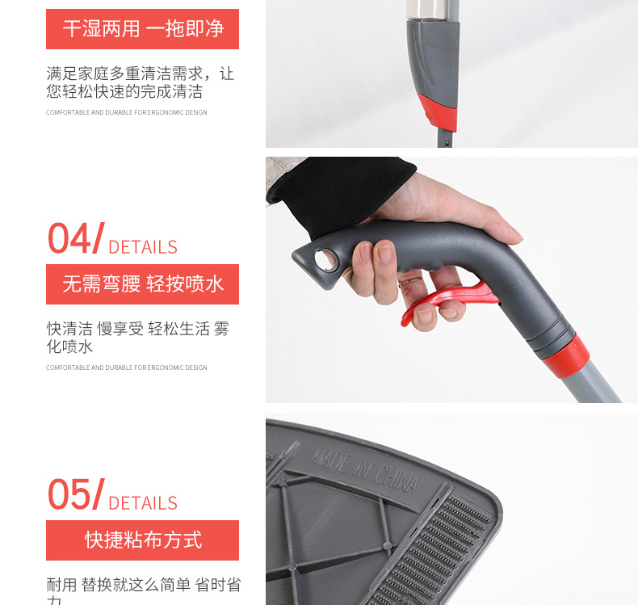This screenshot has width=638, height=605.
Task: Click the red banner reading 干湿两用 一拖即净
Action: click(142, 29)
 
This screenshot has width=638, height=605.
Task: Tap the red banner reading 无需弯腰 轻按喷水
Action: click(142, 284)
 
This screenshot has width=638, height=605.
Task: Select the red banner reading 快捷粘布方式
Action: click(142, 540)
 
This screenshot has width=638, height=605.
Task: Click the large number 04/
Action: click(75, 238)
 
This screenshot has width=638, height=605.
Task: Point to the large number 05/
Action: click(75, 494)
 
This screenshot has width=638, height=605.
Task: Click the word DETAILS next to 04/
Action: click(142, 247)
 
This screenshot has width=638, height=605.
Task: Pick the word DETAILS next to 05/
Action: click(142, 503)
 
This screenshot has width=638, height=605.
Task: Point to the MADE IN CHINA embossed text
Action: click(364, 468)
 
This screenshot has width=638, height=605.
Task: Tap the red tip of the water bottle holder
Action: click(437, 112)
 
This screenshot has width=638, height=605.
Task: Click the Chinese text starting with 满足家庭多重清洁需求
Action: click(140, 82)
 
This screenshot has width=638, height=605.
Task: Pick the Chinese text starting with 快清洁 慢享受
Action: click(138, 338)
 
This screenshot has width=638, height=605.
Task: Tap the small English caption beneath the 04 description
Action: click(126, 368)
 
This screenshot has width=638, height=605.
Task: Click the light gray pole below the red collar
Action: click(598, 383)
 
